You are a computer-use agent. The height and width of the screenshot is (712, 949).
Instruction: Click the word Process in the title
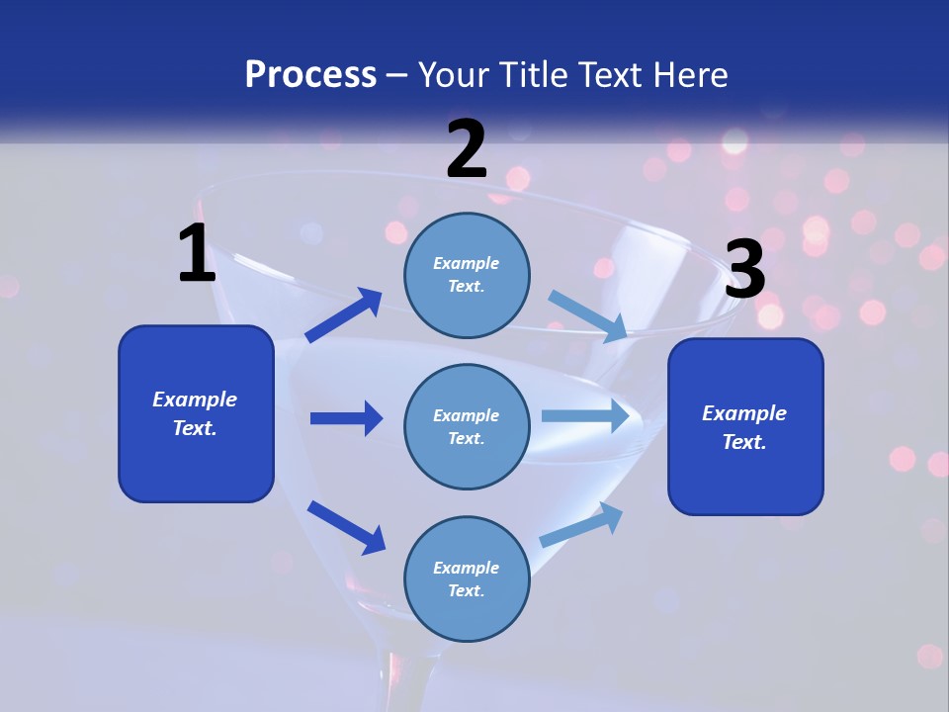click(310, 75)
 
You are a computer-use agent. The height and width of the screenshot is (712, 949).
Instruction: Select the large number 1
click(197, 254)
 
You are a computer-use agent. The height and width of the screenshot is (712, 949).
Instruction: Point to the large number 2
click(467, 149)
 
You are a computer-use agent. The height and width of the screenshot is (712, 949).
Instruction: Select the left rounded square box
click(196, 413)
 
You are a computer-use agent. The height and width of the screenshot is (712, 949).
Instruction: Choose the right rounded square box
click(745, 426)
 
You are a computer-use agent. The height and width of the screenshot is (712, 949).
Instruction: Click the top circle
click(467, 275)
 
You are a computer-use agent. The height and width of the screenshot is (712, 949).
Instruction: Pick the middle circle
click(467, 426)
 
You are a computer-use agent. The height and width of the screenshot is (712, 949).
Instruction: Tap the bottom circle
click(467, 578)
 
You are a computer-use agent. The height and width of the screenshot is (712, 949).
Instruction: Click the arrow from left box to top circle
click(343, 315)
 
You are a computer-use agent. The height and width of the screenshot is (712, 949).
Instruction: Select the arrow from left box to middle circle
click(346, 418)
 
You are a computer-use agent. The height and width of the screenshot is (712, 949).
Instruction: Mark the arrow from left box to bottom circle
click(346, 527)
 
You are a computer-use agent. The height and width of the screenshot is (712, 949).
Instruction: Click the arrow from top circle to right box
click(588, 316)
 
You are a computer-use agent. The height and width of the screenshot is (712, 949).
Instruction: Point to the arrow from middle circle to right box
click(585, 415)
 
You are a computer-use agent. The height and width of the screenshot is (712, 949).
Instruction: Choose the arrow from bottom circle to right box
click(582, 524)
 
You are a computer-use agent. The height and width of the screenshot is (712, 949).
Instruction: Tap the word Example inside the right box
click(744, 413)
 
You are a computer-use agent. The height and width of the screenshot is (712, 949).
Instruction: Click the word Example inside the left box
click(195, 400)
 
